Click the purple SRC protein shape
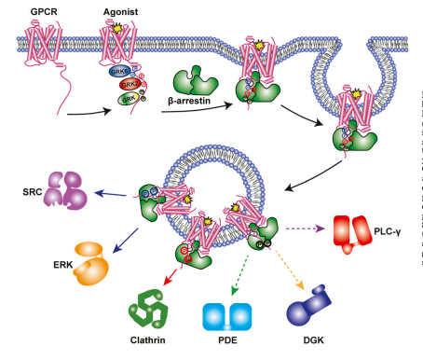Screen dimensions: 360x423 pyautogui.click(x=65, y=190)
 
